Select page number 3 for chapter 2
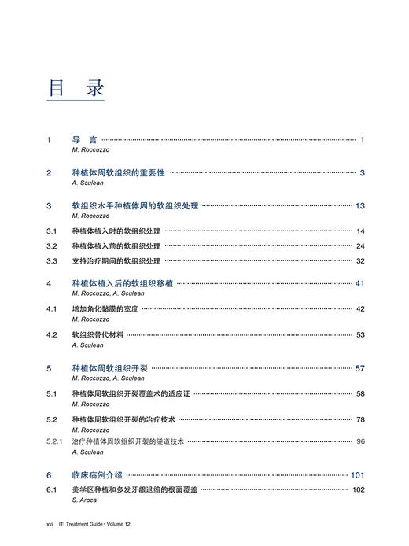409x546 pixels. click(363, 173)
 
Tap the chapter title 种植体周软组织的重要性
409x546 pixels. click(118, 173)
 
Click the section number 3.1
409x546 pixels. click(52, 231)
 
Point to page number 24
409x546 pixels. click(360, 246)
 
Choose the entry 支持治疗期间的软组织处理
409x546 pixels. click(116, 261)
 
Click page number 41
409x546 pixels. click(360, 284)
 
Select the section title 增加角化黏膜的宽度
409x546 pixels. click(105, 309)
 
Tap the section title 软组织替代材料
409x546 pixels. click(98, 335)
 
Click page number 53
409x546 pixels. click(360, 335)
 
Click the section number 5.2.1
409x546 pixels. click(55, 442)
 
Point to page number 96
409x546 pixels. click(360, 442)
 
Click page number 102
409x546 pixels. click(359, 490)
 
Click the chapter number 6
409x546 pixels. click(49, 475)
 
